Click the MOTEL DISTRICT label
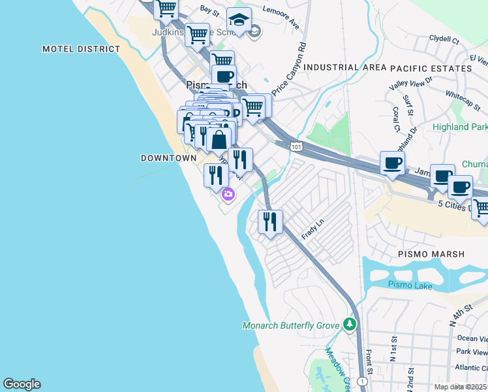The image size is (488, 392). (82, 49)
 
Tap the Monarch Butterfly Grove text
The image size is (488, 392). (291, 325)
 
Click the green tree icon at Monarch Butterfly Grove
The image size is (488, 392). (350, 324)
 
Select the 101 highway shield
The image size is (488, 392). (296, 147)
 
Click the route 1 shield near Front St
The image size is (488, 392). (362, 381)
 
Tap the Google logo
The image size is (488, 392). (22, 384)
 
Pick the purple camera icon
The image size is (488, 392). (228, 194)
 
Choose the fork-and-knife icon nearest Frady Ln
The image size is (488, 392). (269, 221)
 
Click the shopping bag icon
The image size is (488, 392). (219, 139)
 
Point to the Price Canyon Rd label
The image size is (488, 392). (290, 69)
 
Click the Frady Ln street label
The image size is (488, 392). (313, 230)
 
